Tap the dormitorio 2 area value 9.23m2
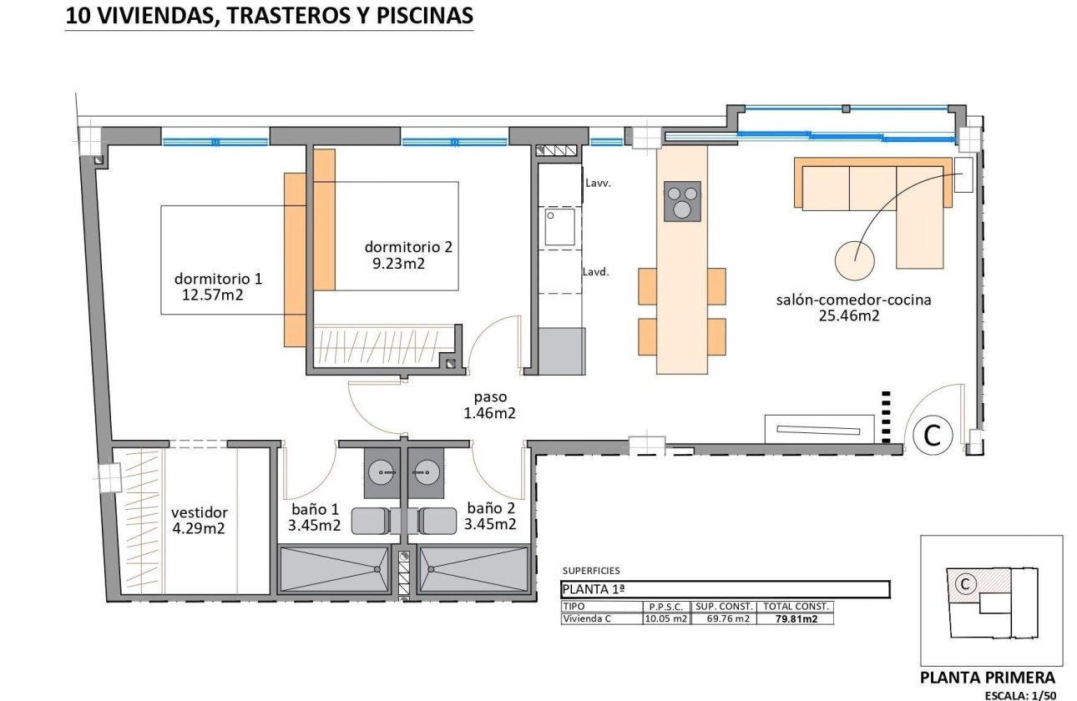[x=399, y=264]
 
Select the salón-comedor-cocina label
[x=853, y=300]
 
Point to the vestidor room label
[x=199, y=512]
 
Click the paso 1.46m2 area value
[x=489, y=412]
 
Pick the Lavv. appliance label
[x=599, y=183]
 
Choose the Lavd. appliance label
[x=596, y=271]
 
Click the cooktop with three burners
[x=682, y=201]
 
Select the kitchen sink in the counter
[x=559, y=227]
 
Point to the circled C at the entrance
[x=933, y=435]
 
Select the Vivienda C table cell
[x=586, y=619]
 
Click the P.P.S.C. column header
[x=665, y=607]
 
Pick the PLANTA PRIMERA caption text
[x=987, y=678]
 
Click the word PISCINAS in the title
[x=426, y=15]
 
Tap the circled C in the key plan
[x=964, y=584]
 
